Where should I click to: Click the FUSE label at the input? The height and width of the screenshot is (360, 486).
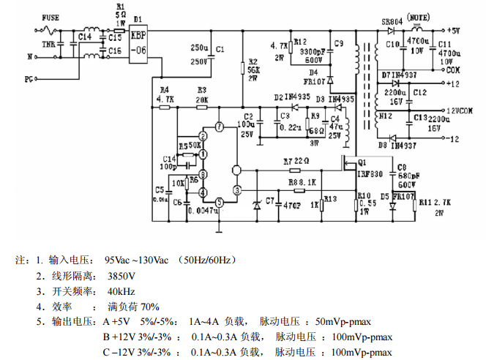pyautogui.click(x=52, y=18)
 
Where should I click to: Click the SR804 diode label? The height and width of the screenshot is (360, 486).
pyautogui.click(x=392, y=22)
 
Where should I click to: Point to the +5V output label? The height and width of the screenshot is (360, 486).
pyautogui.click(x=452, y=30)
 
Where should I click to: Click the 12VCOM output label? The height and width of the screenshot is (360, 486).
pyautogui.click(x=463, y=110)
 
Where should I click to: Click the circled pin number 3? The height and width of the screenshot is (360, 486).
pyautogui.click(x=236, y=190)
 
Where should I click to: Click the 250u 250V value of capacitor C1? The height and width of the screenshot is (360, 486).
pyautogui.click(x=200, y=55)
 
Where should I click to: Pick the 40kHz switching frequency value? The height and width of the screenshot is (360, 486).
pyautogui.click(x=119, y=291)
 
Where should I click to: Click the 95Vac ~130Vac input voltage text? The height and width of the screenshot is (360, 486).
pyautogui.click(x=136, y=260)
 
